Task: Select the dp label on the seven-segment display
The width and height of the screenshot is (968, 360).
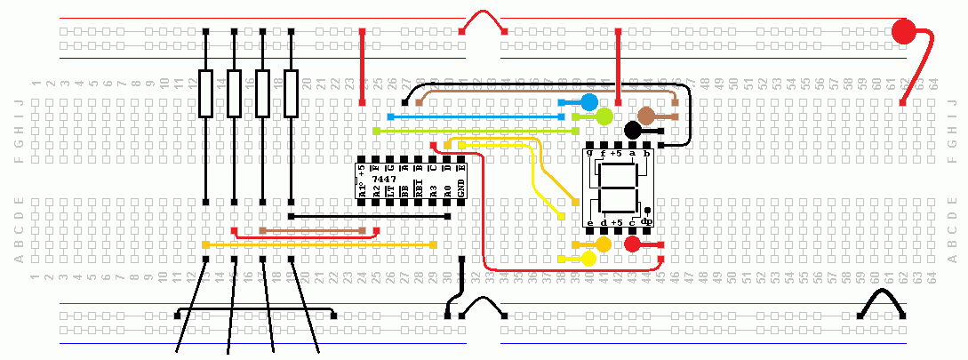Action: point(646,220)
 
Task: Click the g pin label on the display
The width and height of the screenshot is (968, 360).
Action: point(589,154)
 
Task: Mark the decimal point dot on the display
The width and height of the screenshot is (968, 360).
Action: point(646,209)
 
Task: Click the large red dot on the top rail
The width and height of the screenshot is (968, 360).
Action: point(903,33)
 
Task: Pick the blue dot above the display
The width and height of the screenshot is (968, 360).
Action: point(588,101)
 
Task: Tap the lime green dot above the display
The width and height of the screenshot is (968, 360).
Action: point(604,116)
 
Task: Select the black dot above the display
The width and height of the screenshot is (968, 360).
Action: point(633,131)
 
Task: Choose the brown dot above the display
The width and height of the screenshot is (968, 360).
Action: point(646,116)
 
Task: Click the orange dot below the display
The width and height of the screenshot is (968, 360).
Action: point(603,244)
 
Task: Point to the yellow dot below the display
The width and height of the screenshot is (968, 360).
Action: point(588,259)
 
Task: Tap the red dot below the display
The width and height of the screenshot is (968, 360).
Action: point(632,244)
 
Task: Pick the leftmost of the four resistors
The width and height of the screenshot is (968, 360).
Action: point(205,93)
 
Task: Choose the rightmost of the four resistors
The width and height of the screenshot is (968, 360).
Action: point(291,93)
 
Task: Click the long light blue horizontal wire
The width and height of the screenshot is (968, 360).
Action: point(476,116)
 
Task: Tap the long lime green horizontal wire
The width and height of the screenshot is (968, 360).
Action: point(476,131)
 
